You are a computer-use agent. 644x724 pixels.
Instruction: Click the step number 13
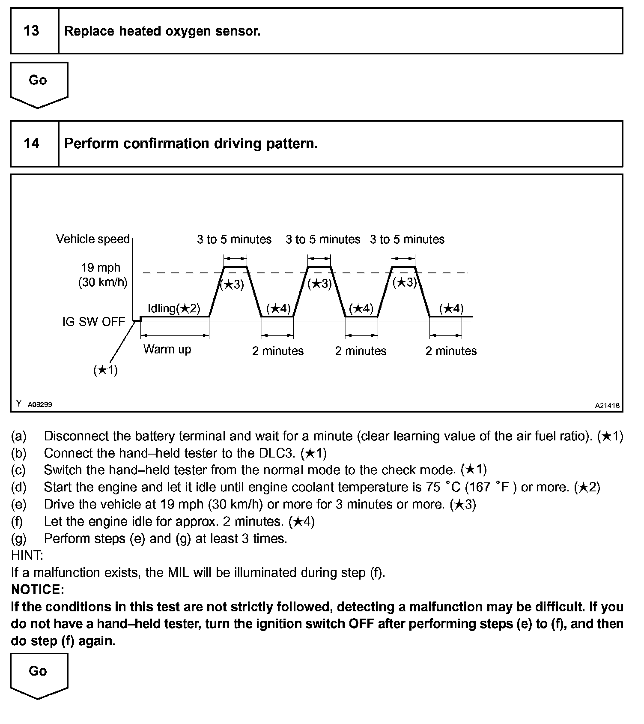[31, 31]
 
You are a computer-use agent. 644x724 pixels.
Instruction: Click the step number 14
[31, 143]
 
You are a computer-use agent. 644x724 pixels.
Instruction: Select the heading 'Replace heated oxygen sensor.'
[162, 31]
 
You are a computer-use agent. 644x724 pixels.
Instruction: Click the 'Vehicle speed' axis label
[93, 239]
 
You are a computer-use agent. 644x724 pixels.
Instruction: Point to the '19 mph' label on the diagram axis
[101, 268]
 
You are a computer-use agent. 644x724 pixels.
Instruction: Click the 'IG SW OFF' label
[94, 322]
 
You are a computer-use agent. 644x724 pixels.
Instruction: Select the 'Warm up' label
[167, 349]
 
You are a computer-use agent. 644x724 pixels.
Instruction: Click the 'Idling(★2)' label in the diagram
[174, 308]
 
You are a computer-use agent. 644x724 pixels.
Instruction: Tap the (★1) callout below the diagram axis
[105, 370]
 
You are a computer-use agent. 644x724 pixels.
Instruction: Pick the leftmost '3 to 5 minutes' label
[234, 239]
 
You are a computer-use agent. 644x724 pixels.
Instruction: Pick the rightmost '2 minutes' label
[451, 351]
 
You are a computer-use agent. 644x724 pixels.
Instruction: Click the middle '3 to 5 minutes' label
[323, 239]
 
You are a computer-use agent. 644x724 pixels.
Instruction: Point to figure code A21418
[607, 406]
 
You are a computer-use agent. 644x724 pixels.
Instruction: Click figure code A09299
[40, 404]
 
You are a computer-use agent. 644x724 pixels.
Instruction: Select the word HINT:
[27, 556]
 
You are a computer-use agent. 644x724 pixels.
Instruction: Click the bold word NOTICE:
[38, 590]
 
